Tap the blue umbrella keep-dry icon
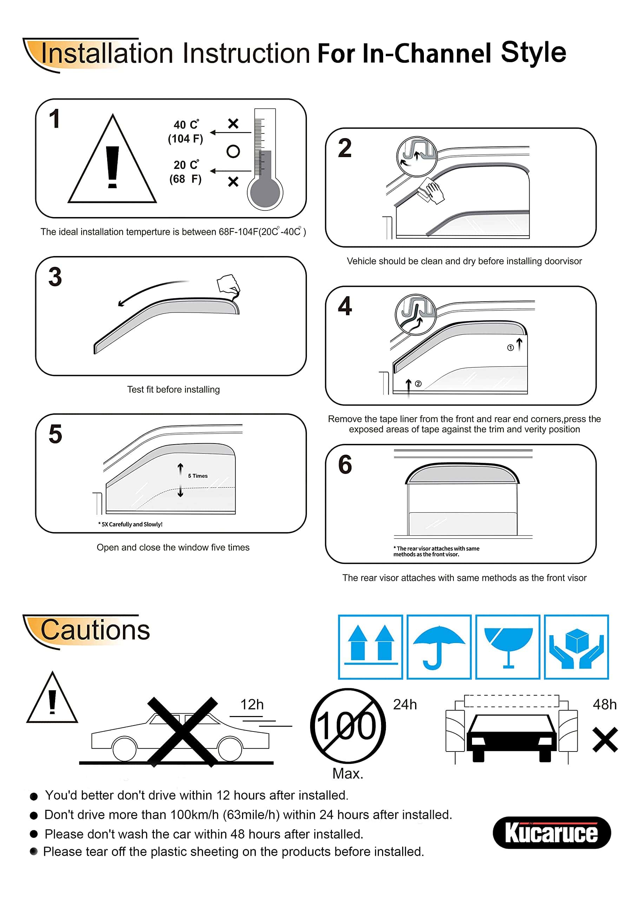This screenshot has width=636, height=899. point(439,647)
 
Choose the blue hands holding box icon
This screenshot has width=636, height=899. point(576,647)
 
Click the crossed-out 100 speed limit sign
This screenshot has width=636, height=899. point(348,726)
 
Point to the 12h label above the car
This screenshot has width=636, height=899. point(252,705)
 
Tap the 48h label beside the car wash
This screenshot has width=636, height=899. point(605,705)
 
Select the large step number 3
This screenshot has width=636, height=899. point(55,276)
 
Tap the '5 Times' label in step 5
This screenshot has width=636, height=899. point(198,476)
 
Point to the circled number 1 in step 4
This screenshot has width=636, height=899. point(510,348)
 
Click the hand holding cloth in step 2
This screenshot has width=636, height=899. point(431,191)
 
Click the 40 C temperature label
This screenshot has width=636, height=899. point(186,125)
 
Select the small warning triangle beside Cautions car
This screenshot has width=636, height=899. point(52,697)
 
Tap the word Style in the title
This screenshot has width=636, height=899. point(533,52)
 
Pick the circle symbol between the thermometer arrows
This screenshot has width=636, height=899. point(233,151)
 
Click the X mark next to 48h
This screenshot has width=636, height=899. point(605,740)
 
